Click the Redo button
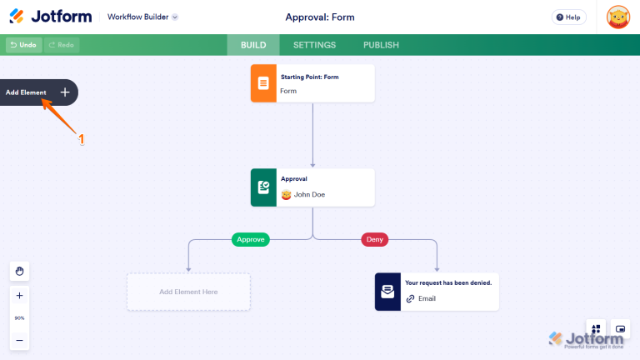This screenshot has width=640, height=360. point(62,45)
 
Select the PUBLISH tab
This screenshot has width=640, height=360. point(381,45)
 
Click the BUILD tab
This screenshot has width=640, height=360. point(253,45)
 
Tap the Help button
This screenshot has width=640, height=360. point(568,17)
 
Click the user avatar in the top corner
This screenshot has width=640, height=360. point(617,17)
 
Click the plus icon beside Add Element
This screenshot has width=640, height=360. point(65,92)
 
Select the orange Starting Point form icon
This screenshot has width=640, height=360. point(263,83)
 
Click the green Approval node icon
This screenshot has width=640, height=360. point(263,187)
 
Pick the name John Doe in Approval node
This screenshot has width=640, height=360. point(309,195)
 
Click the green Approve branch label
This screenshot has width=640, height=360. point(251,239)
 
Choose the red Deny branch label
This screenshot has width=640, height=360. point(374,239)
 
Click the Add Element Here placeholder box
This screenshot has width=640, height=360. point(188,292)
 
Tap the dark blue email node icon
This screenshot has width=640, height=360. point(387,292)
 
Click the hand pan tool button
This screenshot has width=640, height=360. point(19,271)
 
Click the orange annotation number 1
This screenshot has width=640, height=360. point(82,140)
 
